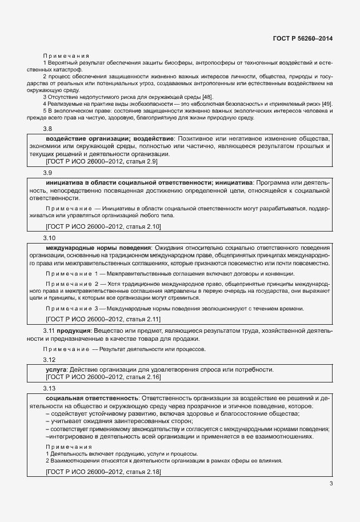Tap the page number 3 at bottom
pyautogui.click(x=331, y=483)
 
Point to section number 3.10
pyautogui.click(x=50, y=237)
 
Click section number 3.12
pyautogui.click(x=50, y=360)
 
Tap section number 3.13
pyautogui.click(x=50, y=388)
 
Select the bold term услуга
pyautogui.click(x=56, y=369)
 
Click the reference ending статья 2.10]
pyautogui.click(x=95, y=227)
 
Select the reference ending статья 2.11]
pyautogui.click(x=95, y=319)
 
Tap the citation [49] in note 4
pyautogui.click(x=326, y=103)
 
